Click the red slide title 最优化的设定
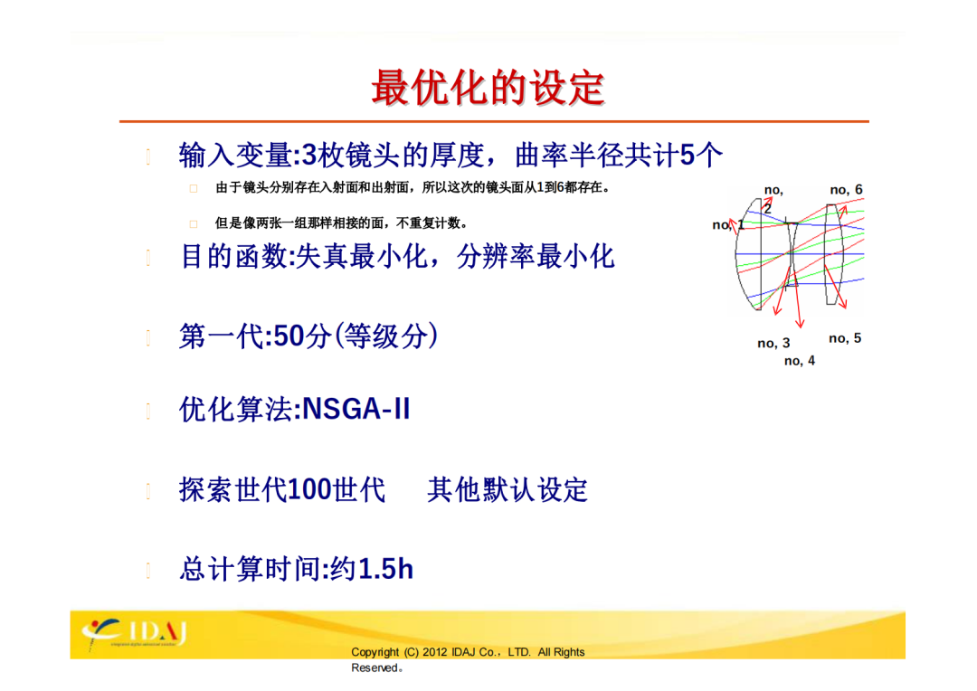point(488,87)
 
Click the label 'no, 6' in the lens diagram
point(846,189)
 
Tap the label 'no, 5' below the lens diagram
point(845,337)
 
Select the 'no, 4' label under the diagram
point(800,360)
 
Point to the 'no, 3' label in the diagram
point(773,343)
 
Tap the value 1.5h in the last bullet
point(386,569)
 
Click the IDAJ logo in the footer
point(135,633)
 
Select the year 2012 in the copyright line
point(435,652)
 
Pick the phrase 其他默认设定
point(507,489)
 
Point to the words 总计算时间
point(251,569)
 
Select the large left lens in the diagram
point(749,254)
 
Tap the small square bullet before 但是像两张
point(194,223)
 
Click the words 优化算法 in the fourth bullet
point(235,410)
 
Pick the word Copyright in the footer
point(375,652)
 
